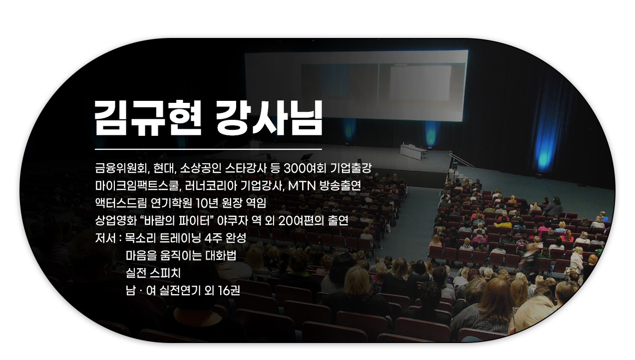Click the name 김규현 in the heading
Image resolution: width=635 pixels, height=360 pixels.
(x=148, y=118)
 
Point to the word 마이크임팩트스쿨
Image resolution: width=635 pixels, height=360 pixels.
(x=137, y=186)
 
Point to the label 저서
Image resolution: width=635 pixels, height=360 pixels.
(x=105, y=238)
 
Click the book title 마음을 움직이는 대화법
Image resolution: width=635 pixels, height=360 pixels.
(x=181, y=256)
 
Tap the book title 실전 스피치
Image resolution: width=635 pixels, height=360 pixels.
(x=153, y=273)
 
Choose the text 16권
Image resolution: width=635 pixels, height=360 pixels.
(x=229, y=291)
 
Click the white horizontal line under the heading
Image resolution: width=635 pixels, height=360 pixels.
(x=208, y=149)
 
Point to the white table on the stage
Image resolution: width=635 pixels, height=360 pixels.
(x=413, y=152)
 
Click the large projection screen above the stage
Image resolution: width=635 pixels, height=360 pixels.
(x=356, y=85)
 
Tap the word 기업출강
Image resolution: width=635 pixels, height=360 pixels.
(x=350, y=169)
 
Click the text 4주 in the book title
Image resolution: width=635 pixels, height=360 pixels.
(x=213, y=238)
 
